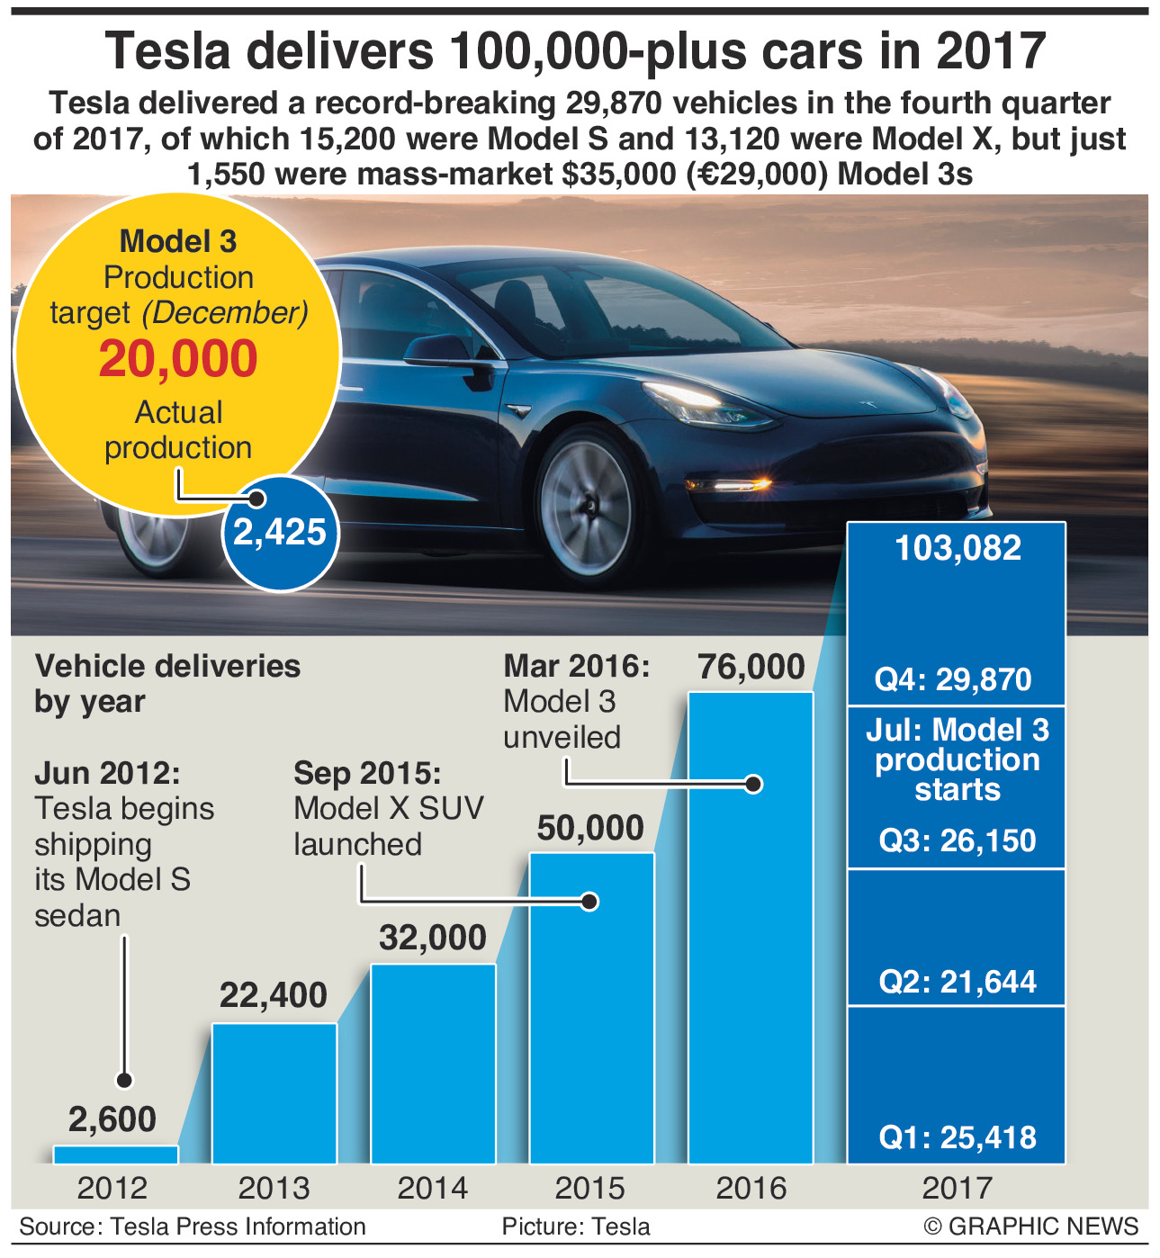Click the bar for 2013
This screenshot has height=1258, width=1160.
pyautogui.click(x=274, y=1093)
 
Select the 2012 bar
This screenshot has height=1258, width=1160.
pyautogui.click(x=116, y=1155)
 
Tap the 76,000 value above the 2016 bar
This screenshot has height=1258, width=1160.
pyautogui.click(x=751, y=667)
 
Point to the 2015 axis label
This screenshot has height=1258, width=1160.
pyautogui.click(x=590, y=1188)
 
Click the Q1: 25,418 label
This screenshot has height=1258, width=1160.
pyautogui.click(x=958, y=1137)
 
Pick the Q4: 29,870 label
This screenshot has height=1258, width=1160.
pyautogui.click(x=953, y=679)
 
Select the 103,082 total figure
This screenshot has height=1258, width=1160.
pyautogui.click(x=958, y=548)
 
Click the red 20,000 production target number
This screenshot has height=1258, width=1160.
pyautogui.click(x=178, y=359)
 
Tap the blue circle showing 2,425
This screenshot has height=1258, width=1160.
pyautogui.click(x=280, y=533)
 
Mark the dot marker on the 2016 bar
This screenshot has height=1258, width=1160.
pyautogui.click(x=755, y=784)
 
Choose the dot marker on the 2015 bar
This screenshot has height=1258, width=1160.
pyautogui.click(x=590, y=901)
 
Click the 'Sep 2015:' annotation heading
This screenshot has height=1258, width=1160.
pyautogui.click(x=367, y=774)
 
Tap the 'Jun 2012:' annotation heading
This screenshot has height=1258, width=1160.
pyautogui.click(x=107, y=774)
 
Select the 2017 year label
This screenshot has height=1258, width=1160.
pyautogui.click(x=957, y=1188)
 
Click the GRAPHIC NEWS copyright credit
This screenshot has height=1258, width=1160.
pyautogui.click(x=1030, y=1227)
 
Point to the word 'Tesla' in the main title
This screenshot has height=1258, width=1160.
pyautogui.click(x=168, y=52)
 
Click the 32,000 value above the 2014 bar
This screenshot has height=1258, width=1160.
pyautogui.click(x=433, y=938)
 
